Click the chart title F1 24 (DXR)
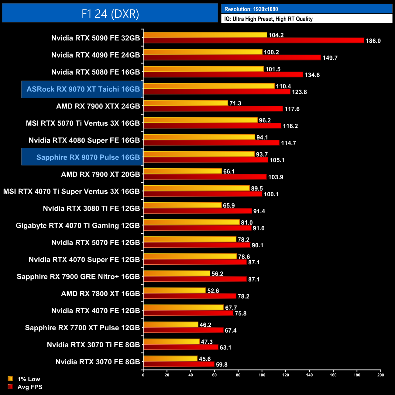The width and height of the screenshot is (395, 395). [110, 14]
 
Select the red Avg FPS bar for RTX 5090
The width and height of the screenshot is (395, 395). [254, 40]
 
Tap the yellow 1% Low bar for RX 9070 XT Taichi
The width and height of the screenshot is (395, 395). [209, 86]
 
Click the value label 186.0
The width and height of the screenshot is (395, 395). [373, 41]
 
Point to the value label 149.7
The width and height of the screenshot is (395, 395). [330, 58]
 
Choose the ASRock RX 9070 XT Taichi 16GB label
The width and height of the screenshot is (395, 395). [83, 89]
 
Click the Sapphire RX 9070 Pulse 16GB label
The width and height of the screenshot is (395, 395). [88, 157]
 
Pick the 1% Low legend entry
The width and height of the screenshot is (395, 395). [29, 379]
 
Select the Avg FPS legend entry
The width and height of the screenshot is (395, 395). [30, 387]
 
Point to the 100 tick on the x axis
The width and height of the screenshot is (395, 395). [262, 375]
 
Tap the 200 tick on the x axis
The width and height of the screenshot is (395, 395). [380, 375]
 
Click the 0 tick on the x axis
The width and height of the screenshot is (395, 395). [143, 375]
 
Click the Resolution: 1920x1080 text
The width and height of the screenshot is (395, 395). [251, 9]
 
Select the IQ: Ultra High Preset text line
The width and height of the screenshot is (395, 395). [268, 19]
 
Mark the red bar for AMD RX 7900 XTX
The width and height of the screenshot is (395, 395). [213, 109]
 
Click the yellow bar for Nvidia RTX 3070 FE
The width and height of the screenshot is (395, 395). [170, 359]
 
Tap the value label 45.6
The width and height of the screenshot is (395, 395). [205, 359]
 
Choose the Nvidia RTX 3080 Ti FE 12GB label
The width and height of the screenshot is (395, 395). [91, 208]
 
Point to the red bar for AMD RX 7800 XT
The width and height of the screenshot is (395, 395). [190, 296]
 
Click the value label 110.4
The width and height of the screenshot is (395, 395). [283, 86]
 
